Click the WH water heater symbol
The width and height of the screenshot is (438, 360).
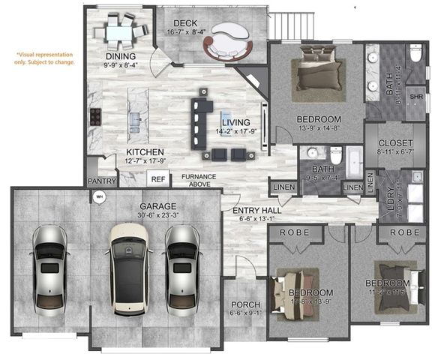coord(98,198)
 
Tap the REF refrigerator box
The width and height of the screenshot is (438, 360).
coord(158,179)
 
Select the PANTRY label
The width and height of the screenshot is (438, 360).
coord(101,181)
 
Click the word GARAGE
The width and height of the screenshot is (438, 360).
coord(157,206)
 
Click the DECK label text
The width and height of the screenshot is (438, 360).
coord(184,24)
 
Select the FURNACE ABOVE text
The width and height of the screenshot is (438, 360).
coord(199,180)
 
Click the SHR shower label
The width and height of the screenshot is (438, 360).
coord(415,97)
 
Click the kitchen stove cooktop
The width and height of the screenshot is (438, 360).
coord(96,116)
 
